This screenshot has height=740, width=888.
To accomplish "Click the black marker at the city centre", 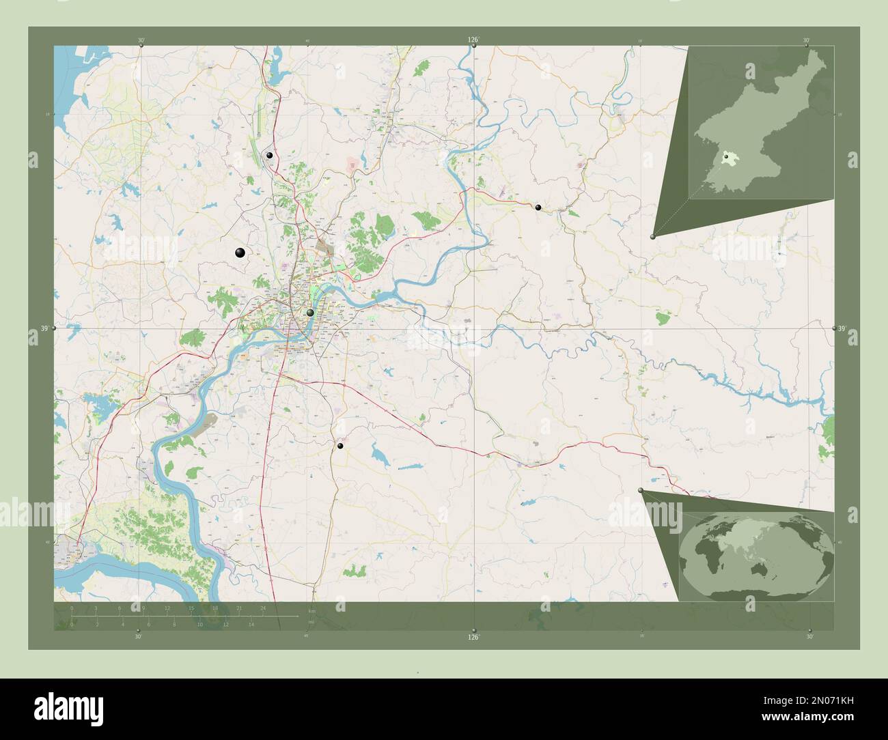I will point(310,313).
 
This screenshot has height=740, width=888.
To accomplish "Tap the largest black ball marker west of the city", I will point(240,253).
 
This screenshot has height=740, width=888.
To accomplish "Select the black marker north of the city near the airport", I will point(270,156).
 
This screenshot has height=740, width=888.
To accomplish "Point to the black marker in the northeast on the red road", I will point(538,207).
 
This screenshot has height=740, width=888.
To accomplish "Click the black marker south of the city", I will point(340,446).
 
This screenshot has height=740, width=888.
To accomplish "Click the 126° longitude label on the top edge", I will point(473,40).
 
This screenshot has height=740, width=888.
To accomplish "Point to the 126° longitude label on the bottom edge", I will point(473,638).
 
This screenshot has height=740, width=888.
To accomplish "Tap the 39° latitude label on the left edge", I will point(44,329).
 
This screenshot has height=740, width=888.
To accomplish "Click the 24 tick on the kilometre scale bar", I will point(263,608).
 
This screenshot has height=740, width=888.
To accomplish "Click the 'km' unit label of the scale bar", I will point(311,610).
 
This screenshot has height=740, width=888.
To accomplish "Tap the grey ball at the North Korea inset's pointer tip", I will point(654,236).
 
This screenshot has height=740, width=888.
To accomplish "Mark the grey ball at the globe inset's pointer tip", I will point(641,491).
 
